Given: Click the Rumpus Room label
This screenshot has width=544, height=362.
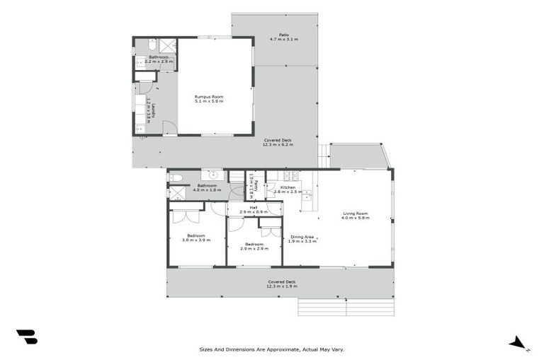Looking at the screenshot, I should tap(209, 99).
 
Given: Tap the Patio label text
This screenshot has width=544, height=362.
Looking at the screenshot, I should tap(283, 37).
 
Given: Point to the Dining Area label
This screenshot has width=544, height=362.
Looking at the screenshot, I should tap(302, 238).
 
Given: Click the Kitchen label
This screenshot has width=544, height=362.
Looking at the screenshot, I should tap(288, 189).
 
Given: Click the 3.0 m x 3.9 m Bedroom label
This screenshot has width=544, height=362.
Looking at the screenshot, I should tap(196, 238).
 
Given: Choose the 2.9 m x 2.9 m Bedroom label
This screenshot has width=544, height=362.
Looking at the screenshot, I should tap(254, 247).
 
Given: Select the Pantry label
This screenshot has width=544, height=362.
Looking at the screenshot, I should tap(251, 185).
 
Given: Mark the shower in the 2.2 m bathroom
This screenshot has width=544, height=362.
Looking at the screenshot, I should tap(168, 45).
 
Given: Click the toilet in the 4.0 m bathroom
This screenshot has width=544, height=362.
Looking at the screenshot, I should tap(176, 177).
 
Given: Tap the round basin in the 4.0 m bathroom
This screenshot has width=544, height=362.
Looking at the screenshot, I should tap(211, 175).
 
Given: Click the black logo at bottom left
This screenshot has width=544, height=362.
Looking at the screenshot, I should tap(26, 337).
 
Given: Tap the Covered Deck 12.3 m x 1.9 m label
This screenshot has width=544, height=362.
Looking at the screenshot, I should tap(282, 284).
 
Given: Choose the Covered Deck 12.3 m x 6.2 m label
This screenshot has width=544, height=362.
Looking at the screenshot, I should tap(278, 142).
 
